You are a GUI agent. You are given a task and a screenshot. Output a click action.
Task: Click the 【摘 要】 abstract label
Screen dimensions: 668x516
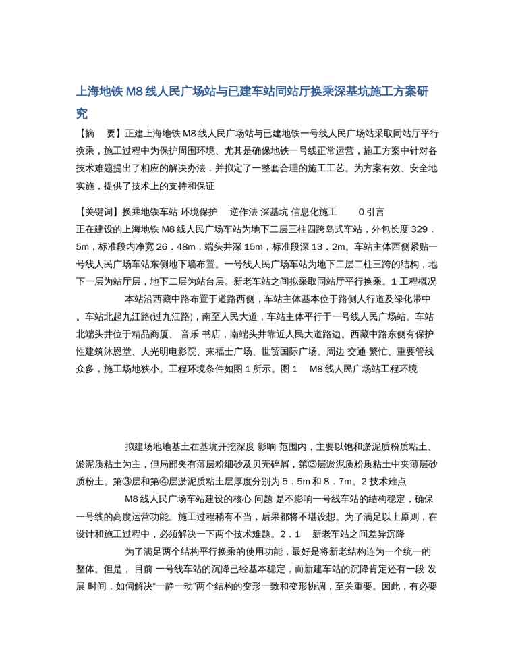pyautogui.click(x=99, y=134)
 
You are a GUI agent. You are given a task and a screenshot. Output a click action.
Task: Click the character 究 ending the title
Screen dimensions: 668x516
pyautogui.click(x=82, y=114)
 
